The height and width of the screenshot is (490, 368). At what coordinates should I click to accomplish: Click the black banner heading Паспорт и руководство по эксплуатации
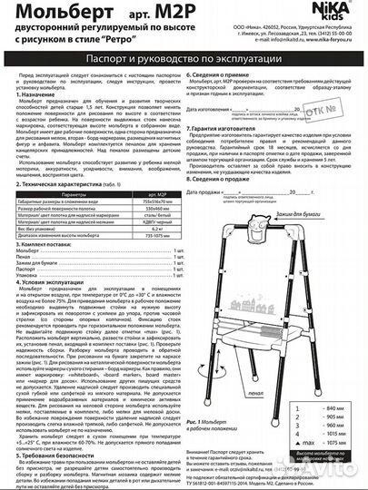[184, 58]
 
